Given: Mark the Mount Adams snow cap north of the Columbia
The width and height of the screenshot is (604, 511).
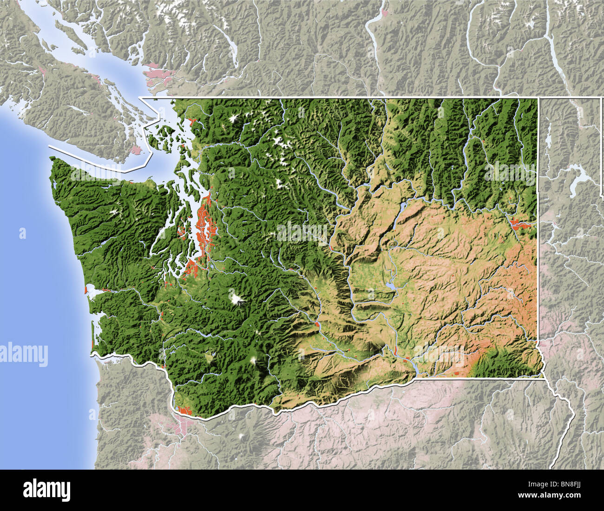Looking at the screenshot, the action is click(x=254, y=360).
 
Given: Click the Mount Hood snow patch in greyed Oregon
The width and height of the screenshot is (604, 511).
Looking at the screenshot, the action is click(x=242, y=436).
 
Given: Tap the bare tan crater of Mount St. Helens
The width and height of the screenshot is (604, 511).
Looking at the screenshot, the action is click(x=210, y=356).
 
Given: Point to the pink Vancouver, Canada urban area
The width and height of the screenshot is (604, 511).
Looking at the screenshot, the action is click(x=158, y=72).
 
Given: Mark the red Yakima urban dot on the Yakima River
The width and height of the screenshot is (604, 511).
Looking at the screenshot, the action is click(x=316, y=324).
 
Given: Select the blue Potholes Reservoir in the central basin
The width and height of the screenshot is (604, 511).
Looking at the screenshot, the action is click(x=390, y=286).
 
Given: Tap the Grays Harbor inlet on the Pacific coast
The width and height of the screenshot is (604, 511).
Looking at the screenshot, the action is click(x=94, y=292).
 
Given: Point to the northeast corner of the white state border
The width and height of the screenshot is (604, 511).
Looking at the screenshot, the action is click(x=538, y=98).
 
